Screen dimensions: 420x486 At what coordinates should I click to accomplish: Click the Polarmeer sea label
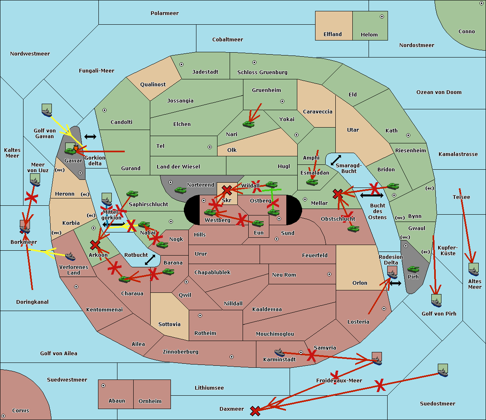point(164,13)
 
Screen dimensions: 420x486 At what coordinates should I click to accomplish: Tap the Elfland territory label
point(333,34)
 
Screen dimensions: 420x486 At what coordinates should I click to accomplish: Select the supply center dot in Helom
point(382,17)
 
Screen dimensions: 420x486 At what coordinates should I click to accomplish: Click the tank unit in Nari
point(248,124)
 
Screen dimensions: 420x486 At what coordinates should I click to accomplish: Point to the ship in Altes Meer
point(473,269)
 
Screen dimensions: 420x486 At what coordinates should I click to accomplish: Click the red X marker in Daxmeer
point(255,411)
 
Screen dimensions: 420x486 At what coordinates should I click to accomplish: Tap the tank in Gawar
point(70,151)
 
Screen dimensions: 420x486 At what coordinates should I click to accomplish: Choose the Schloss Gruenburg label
point(262,72)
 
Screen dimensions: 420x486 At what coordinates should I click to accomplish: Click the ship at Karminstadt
point(279,352)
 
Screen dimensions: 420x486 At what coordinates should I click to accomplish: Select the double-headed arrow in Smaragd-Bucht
point(336,160)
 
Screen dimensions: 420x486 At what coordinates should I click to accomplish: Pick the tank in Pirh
point(413,269)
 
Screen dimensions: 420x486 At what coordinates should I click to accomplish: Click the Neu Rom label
point(284,275)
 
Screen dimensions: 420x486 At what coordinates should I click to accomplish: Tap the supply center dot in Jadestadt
point(181,64)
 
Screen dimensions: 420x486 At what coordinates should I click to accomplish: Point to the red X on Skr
point(227,190)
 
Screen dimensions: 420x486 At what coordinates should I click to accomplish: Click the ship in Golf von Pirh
point(436,300)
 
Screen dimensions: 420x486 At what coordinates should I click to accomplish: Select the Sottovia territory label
point(169,324)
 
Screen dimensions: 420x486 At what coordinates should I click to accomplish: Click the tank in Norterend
point(180,190)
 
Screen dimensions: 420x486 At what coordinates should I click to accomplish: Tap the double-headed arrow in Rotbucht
point(150,260)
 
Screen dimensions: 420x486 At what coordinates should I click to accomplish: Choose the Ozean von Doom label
point(439,92)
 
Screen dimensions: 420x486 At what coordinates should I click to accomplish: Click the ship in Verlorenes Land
point(70,256)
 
